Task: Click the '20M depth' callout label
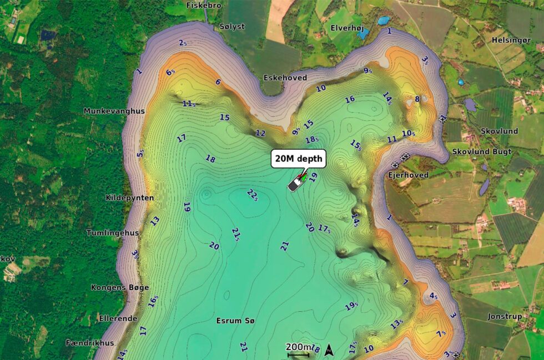(x=298, y=159)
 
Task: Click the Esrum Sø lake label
(x=235, y=321)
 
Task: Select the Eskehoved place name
(x=285, y=78)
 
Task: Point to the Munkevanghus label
(x=114, y=111)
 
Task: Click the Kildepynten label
(x=129, y=197)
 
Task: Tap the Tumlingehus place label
(x=112, y=233)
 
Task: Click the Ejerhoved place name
(x=408, y=175)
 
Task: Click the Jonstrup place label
(x=505, y=316)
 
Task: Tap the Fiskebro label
(x=204, y=5)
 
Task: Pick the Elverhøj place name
(x=346, y=27)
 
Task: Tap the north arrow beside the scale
(x=329, y=349)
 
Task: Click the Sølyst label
(x=232, y=26)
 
